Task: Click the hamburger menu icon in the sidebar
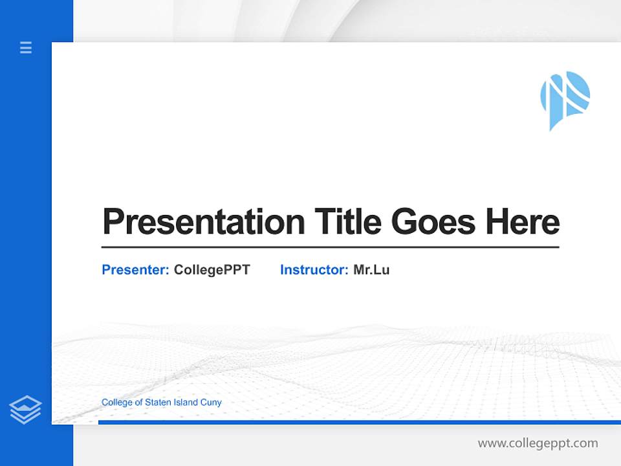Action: point(26,47)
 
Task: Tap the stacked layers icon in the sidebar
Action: point(25,410)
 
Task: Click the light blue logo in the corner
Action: point(564,98)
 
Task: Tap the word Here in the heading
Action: point(522,221)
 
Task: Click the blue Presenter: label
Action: point(135,270)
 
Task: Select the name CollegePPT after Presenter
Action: point(212,270)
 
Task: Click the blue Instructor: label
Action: point(314,270)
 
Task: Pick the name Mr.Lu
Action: point(371,270)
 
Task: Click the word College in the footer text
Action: point(117,403)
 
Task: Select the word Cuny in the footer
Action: point(212,403)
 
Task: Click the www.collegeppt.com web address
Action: point(538,443)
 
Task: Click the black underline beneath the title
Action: point(330,247)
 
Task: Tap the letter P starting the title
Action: point(113,222)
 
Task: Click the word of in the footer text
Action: point(139,403)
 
